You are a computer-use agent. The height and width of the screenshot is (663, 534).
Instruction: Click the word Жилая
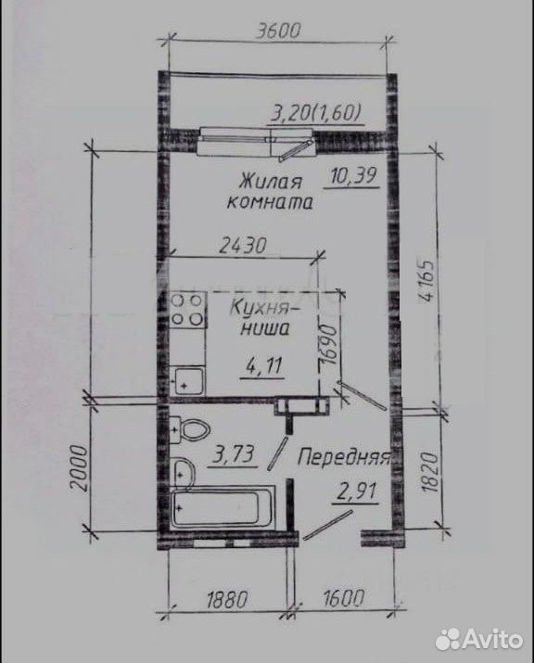click(x=271, y=182)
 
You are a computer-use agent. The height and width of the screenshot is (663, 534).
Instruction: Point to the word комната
click(x=270, y=202)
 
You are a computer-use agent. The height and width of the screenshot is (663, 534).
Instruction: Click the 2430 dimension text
click(x=242, y=245)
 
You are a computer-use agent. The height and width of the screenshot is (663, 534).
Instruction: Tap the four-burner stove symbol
click(x=187, y=310)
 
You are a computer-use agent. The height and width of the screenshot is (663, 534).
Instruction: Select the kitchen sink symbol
click(x=187, y=381)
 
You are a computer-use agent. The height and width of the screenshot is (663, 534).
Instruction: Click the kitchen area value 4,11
click(x=262, y=365)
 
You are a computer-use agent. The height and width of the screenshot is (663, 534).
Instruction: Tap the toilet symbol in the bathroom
click(x=189, y=429)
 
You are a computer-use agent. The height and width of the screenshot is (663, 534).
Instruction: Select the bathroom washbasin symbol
click(x=184, y=474)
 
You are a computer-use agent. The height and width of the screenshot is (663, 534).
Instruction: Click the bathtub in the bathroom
click(x=222, y=507)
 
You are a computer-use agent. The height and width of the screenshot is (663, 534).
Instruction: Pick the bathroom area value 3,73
click(x=235, y=455)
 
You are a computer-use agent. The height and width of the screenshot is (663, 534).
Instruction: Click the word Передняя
click(x=343, y=457)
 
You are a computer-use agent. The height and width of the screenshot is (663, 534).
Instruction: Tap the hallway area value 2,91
click(x=356, y=492)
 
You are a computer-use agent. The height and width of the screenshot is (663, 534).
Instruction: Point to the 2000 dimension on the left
click(x=80, y=466)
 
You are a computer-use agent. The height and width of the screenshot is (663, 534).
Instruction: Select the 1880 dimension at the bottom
click(x=226, y=598)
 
